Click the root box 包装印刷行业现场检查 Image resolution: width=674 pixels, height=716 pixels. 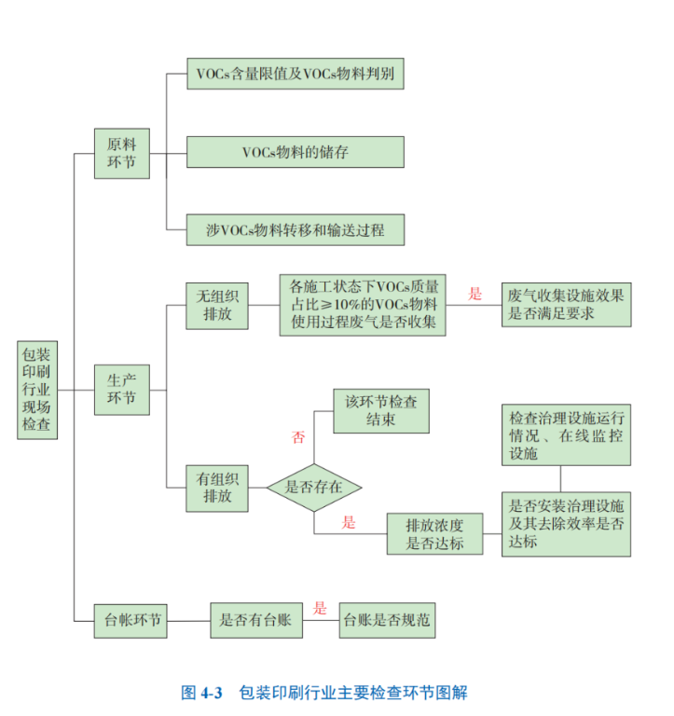tap(37, 389)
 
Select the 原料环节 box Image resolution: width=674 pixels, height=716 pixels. tap(121, 153)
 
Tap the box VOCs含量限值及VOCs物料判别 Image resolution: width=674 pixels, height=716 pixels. tap(295, 73)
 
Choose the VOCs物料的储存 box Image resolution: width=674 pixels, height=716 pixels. tap(295, 152)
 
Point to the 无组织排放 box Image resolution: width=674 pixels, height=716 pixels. tap(217, 306)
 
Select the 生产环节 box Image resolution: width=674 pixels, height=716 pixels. tap(121, 390)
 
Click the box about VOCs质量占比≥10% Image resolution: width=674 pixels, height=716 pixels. tap(362, 304)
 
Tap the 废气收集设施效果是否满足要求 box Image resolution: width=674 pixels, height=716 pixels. tap(566, 305)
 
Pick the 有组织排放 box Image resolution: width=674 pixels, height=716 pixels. tap(217, 486)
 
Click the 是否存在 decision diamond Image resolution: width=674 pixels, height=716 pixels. tap(313, 487)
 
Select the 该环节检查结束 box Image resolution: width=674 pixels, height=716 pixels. tap(381, 411)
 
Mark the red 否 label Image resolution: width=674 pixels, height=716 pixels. tap(298, 435)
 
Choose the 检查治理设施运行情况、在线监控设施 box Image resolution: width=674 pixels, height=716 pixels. tap(566, 434)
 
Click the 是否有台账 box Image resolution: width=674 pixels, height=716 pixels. tap(255, 619)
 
